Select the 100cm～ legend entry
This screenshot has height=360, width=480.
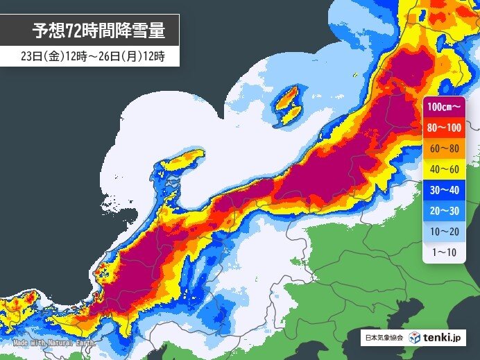[443, 107]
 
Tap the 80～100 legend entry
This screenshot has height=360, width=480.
[443, 128]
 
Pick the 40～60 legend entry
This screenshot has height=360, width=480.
[443, 169]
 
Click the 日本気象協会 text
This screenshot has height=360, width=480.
[384, 338]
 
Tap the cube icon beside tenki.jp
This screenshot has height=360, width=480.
[414, 337]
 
